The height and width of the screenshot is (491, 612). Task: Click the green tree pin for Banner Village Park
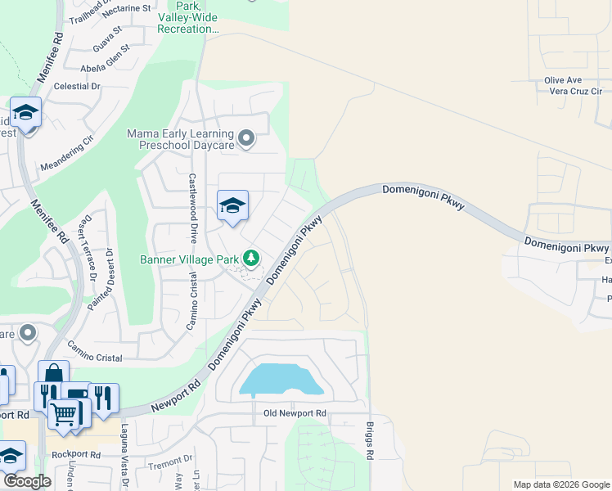click(x=252, y=259)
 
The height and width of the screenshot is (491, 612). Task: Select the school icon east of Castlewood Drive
click(x=232, y=207)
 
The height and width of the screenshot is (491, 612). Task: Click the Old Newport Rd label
click(x=295, y=414)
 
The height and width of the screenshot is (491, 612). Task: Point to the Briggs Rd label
click(x=370, y=441)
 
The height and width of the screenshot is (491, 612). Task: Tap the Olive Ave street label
click(x=562, y=80)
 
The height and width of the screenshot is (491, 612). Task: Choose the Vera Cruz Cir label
click(x=573, y=92)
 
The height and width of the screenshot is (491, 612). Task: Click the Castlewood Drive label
click(x=193, y=209)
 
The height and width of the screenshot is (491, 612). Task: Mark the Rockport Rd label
click(x=74, y=454)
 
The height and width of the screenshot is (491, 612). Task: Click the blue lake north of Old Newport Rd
click(x=279, y=379)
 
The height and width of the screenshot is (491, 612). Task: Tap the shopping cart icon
click(x=63, y=413)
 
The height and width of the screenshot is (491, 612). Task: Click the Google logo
click(x=26, y=482)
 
